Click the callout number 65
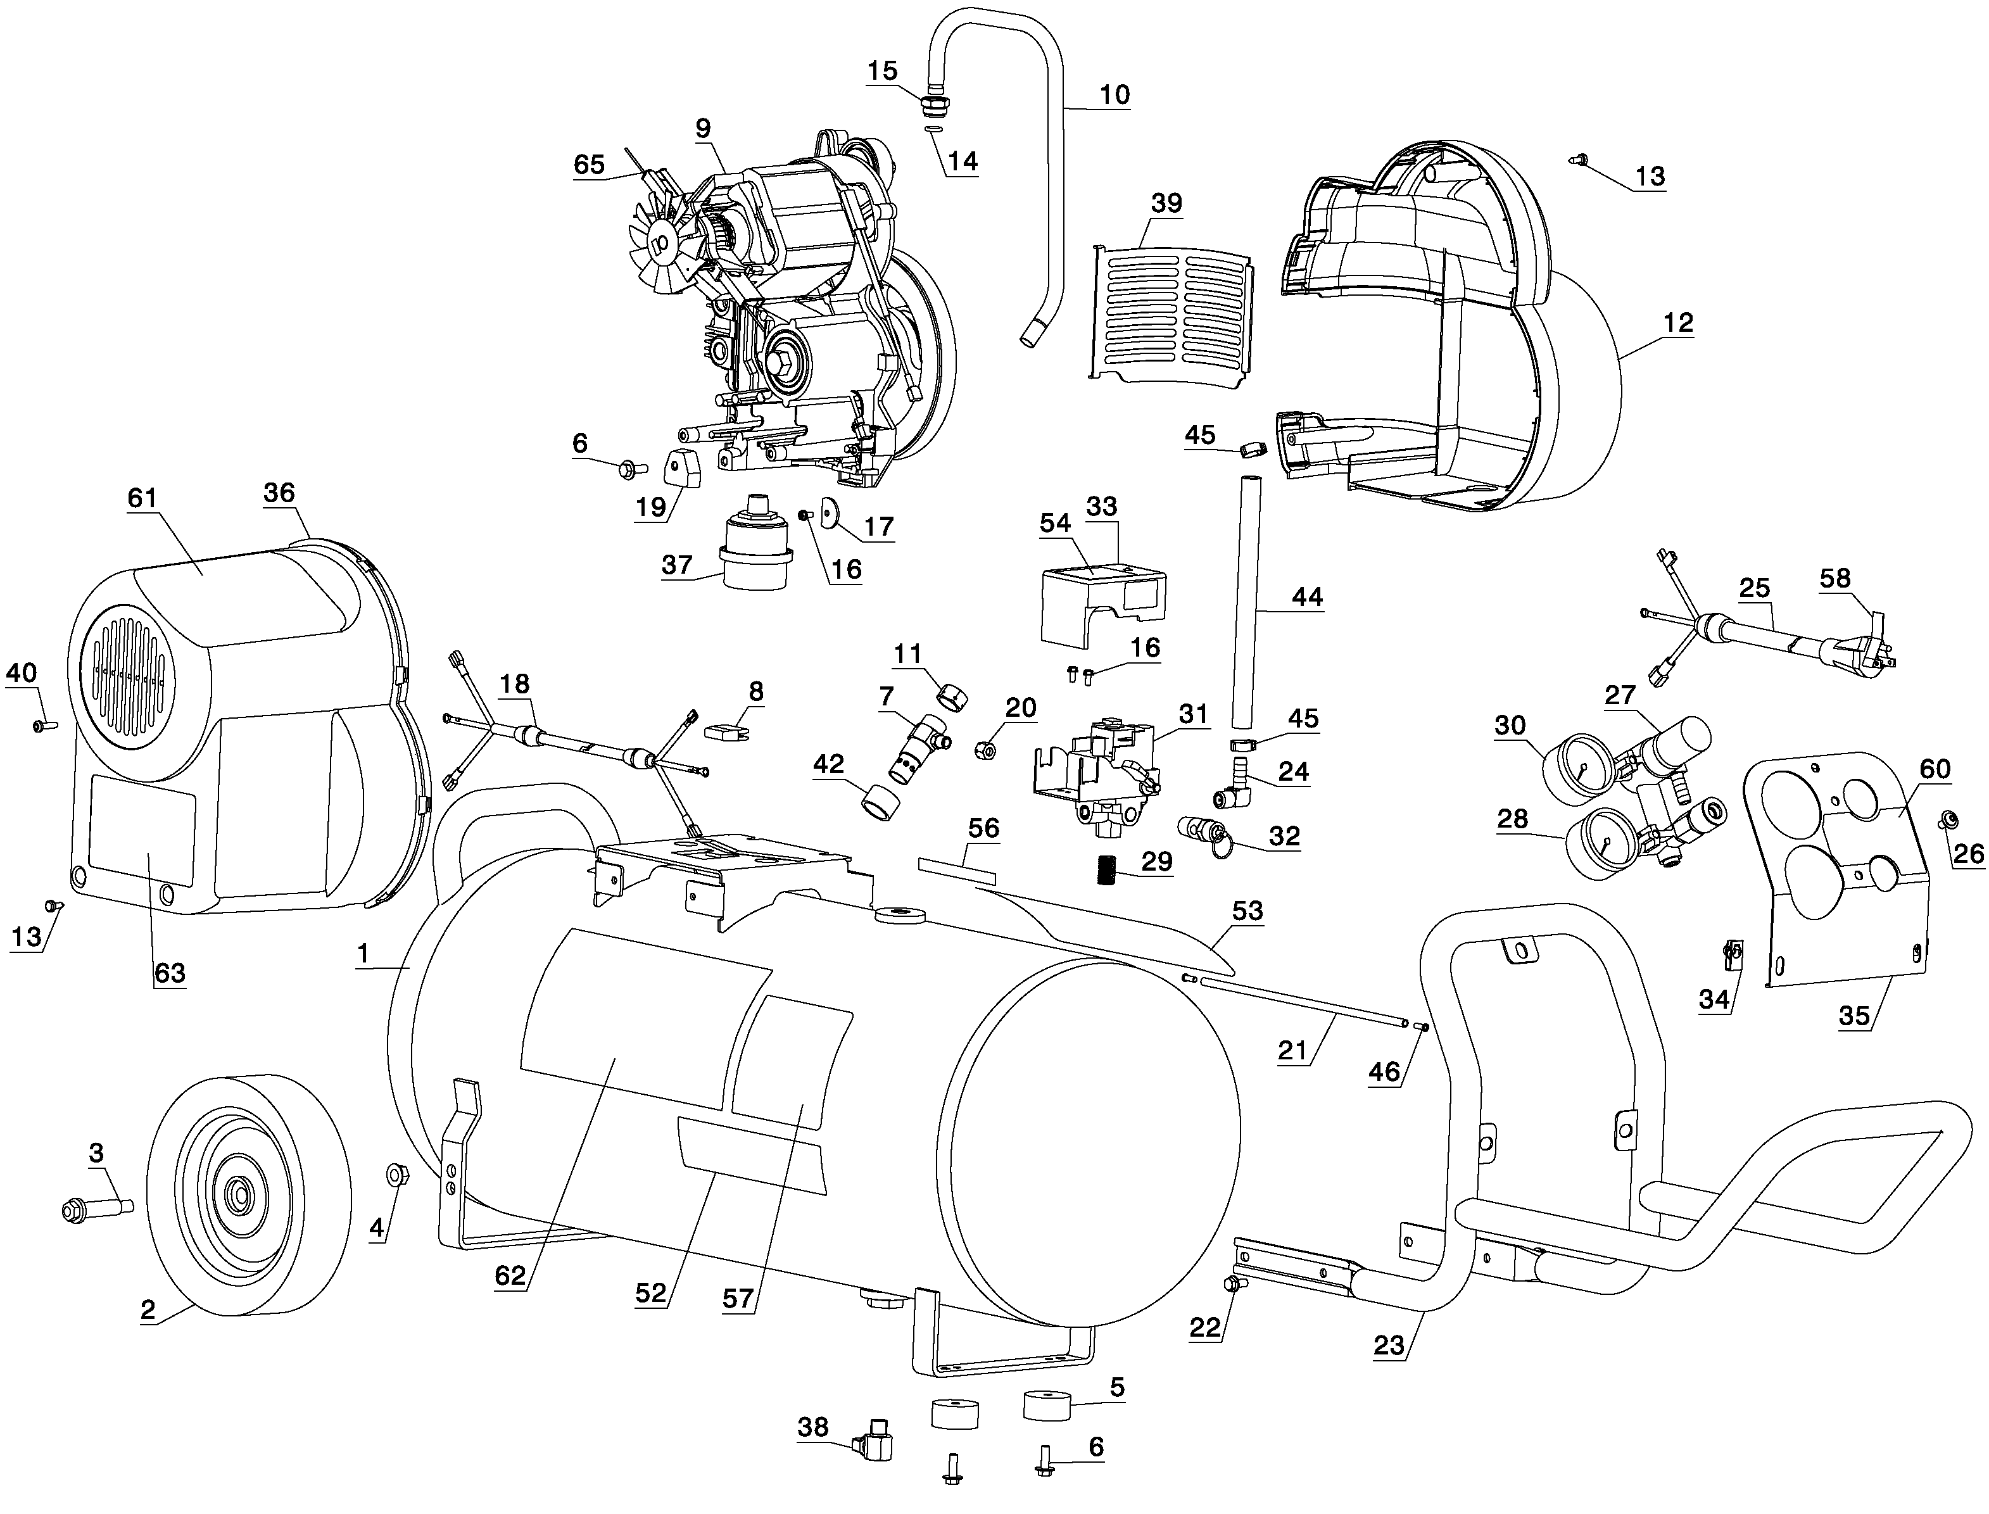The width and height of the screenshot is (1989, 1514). click(590, 164)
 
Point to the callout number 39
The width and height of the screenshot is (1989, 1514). click(1166, 204)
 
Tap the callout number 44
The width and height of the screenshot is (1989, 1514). click(1307, 596)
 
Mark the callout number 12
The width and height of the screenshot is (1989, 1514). click(1678, 323)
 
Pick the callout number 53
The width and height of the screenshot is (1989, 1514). click(1247, 911)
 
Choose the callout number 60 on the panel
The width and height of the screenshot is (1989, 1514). click(1935, 769)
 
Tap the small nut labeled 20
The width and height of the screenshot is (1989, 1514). click(986, 749)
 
